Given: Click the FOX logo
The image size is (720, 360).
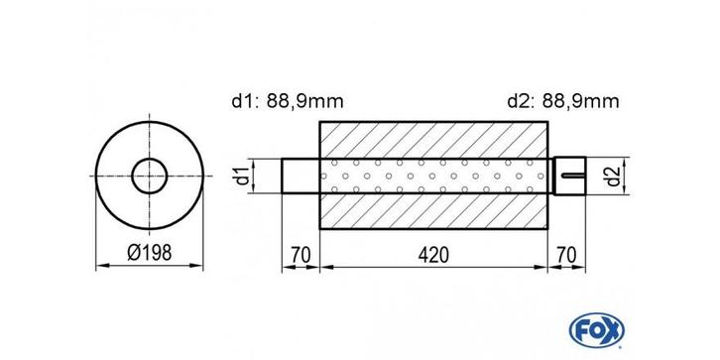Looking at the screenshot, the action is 596,330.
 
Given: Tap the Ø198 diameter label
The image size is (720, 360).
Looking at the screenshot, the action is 149,253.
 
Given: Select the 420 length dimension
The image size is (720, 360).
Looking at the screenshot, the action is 433,255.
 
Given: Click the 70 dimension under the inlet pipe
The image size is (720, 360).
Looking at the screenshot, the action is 300,255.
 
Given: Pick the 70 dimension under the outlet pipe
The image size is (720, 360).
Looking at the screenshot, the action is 567,255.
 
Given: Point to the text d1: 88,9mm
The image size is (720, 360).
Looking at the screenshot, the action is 288,101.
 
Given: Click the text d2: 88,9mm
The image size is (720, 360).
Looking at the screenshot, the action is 563,101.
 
